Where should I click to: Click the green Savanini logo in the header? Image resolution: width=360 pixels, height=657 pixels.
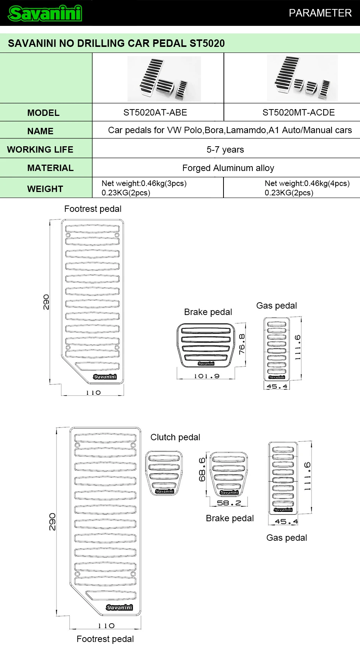point(45,13)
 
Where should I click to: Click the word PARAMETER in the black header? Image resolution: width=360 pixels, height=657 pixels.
point(320,13)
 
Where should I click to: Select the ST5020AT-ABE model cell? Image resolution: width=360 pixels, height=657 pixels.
point(155,112)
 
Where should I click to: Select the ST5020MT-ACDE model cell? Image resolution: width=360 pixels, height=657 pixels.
point(298,112)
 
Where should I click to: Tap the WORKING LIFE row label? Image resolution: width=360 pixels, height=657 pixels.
point(40,150)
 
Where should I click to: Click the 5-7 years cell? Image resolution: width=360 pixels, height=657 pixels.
point(225,150)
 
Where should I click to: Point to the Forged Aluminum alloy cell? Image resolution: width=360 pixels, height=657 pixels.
point(228,168)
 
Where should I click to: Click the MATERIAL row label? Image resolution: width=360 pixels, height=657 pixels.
point(50,168)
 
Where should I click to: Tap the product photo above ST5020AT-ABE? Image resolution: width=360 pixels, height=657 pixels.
point(164,79)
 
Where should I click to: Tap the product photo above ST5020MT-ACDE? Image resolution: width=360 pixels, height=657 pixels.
point(302,78)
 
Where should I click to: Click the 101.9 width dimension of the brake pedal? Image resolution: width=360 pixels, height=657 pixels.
point(207,376)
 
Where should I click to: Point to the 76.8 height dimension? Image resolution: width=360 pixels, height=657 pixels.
point(242,344)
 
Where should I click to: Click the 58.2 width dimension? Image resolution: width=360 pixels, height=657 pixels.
point(229,503)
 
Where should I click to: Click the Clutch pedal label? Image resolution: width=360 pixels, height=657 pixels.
point(175,437)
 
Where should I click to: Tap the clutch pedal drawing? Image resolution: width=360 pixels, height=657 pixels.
point(164,473)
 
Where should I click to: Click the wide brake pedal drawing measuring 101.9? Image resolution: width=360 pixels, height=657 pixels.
point(206,345)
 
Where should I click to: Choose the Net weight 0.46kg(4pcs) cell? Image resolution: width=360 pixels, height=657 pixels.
point(307,188)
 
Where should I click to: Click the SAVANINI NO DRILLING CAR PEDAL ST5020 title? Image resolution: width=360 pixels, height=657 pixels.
point(116,43)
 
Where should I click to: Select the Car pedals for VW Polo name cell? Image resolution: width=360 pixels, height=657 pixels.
point(229,130)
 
